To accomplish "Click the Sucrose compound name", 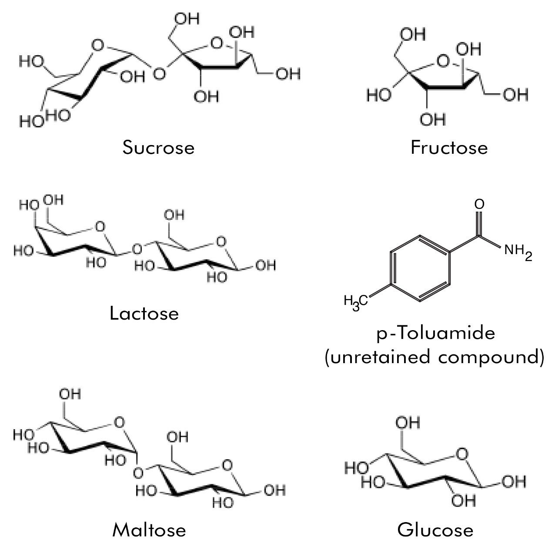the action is pos(158,147).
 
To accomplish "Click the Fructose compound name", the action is pos(449,147).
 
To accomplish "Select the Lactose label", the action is pos(144,313).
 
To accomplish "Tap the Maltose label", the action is pos(149,530).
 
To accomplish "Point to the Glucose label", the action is pos(435,530).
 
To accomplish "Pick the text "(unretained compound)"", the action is pos(435,357).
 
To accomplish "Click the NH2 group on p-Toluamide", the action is pos(518,252).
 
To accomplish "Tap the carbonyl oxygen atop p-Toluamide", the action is pos(479,204).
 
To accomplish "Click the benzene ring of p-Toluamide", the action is pos(420,268).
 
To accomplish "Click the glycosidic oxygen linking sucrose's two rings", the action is pos(159,73).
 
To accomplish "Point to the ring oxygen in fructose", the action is pos(443,61).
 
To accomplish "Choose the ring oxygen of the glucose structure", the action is pos(462,454).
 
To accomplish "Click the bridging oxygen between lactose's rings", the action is pos(137,249).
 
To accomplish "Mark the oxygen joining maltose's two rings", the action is pos(138,473).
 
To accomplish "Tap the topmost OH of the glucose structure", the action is pos(408,423).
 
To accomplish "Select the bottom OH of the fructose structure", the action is pos(433,119).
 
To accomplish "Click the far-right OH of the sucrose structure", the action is pos(288,74).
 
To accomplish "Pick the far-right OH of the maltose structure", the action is pos(274,490).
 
